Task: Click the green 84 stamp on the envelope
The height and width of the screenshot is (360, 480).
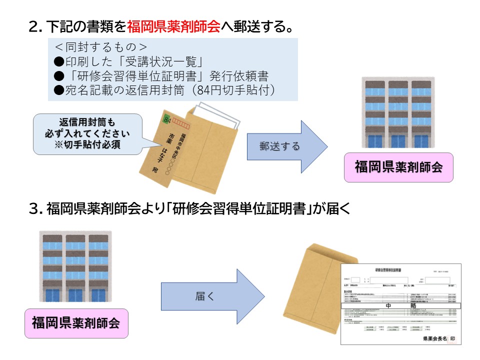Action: pos(166,120)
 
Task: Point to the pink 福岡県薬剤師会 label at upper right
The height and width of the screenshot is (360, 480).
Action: pos(398,167)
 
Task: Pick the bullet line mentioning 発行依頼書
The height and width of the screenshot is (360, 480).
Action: pos(160,76)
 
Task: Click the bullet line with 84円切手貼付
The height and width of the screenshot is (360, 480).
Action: pos(165,90)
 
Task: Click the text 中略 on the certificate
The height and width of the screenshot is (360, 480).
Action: pos(400,304)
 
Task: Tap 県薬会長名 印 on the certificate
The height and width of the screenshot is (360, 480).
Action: pos(438,338)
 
